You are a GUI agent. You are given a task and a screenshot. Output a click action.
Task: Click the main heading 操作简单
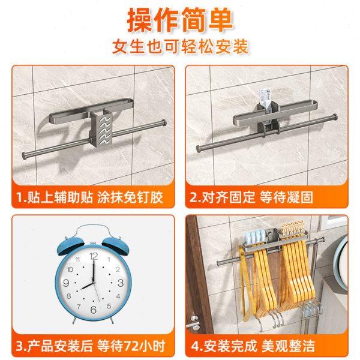179,19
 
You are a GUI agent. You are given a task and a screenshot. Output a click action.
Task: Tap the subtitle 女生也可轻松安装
180,47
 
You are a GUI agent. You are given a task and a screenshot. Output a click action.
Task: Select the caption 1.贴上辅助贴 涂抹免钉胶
93,197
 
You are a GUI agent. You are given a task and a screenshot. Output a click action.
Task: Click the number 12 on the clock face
93,256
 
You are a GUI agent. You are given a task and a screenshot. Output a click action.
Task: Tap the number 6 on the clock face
93,310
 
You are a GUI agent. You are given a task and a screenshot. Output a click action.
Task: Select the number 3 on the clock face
120,283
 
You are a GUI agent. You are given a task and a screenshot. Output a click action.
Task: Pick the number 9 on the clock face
67,283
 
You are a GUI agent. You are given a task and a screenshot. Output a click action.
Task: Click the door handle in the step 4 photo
193,324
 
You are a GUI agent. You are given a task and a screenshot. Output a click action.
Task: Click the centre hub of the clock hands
93,283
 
